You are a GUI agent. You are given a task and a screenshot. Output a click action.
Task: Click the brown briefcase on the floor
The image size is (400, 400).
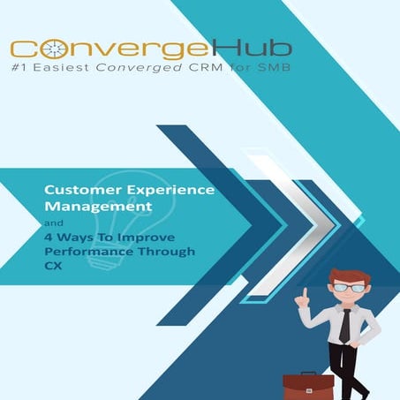308,387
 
